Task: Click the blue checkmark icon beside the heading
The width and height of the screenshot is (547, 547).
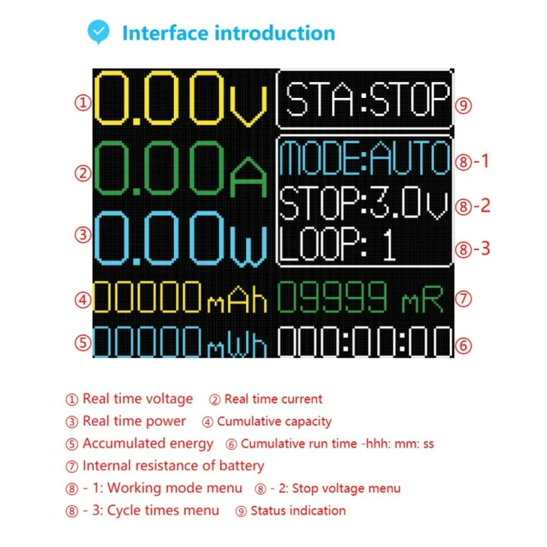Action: pos(99,32)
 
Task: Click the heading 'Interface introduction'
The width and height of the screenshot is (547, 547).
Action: pos(229,33)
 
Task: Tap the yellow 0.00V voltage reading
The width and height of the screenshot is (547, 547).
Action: pos(181,100)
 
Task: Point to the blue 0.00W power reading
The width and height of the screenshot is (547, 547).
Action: pos(181,237)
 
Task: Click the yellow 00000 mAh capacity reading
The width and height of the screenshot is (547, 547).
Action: pos(181,299)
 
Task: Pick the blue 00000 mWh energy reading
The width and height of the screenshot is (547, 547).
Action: pos(181,343)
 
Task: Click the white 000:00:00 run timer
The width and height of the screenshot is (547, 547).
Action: pos(364,343)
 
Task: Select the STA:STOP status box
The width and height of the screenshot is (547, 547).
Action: pos(365,100)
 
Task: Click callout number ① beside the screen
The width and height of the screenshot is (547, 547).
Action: pos(82,103)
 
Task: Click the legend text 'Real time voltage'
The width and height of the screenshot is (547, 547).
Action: pos(138,399)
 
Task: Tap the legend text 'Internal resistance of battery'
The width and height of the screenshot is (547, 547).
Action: pos(173,466)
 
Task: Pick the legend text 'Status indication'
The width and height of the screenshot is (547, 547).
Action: pos(298,511)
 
